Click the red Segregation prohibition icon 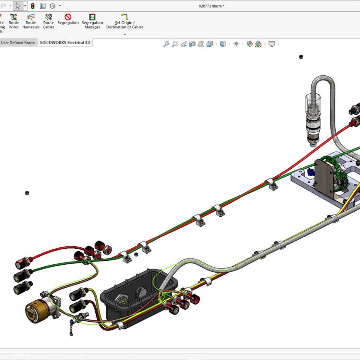coord(68,17)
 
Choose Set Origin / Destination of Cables coord(125,21)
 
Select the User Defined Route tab coord(18,43)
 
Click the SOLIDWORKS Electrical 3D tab coord(65,43)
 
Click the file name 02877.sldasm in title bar coord(211,6)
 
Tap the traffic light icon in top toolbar coord(32,6)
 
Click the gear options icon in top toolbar coord(53,6)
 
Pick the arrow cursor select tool coord(18,6)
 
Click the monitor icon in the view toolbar coord(271,44)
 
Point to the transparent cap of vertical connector coord(312,104)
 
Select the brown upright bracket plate coord(326,178)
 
